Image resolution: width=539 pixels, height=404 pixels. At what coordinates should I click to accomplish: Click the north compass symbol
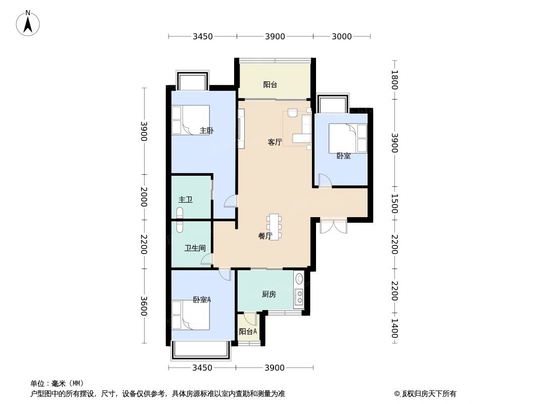click(28, 23)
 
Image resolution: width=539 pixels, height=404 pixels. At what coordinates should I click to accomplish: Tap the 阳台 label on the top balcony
click(270, 85)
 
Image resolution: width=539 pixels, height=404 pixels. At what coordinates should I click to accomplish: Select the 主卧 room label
click(206, 131)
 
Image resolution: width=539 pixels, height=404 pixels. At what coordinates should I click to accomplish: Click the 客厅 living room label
click(275, 142)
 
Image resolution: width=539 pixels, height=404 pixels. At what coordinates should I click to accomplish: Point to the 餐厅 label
click(265, 236)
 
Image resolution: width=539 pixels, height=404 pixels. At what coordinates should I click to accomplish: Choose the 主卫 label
click(185, 200)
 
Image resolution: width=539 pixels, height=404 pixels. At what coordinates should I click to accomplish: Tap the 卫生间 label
click(195, 248)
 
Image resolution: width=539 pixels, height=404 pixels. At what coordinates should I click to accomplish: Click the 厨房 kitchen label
click(268, 294)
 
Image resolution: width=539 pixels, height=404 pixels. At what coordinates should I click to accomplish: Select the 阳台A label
click(248, 332)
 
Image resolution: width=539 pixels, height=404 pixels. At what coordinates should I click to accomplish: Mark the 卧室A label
click(202, 299)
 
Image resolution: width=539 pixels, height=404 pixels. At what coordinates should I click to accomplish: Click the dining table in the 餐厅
click(274, 227)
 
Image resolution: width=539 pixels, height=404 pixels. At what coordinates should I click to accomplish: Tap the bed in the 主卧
click(190, 120)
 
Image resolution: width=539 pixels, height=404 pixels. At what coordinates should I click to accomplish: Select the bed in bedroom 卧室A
click(190, 315)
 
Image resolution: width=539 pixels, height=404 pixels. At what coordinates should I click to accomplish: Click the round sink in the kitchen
click(299, 278)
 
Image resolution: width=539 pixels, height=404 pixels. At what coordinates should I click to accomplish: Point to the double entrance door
click(333, 226)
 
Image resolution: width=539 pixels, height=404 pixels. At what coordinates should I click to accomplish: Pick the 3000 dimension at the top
click(342, 36)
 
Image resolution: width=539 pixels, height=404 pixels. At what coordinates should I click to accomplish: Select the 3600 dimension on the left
click(144, 305)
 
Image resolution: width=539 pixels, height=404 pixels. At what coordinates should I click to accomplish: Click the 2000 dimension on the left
click(144, 197)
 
